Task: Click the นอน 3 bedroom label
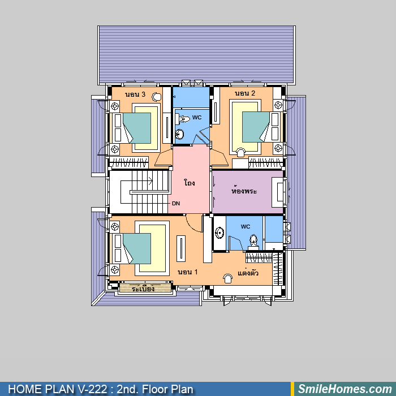tap(135, 94)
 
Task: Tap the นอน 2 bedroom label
tap(245, 93)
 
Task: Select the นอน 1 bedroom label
tap(188, 272)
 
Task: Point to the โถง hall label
tap(190, 182)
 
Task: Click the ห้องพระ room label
tap(244, 190)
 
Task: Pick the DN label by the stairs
tap(176, 203)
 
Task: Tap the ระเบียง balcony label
tap(143, 288)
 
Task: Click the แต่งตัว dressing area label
tap(248, 272)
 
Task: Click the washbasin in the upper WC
tap(180, 134)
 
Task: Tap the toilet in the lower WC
tap(253, 240)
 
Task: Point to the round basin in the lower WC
tap(219, 233)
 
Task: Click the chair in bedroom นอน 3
tap(157, 97)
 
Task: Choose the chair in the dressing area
tap(228, 278)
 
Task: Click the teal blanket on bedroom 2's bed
tap(256, 127)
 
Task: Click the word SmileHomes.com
tap(345, 389)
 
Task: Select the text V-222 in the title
tap(92, 389)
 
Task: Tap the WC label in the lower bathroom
tap(245, 226)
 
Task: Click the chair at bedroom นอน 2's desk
tap(240, 153)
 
